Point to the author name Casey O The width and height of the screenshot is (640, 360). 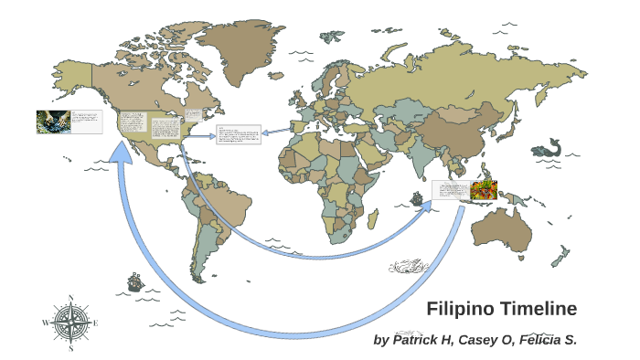490,340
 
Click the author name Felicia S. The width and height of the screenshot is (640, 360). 552,340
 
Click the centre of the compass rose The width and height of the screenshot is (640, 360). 69,323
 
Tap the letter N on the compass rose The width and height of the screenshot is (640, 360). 69,297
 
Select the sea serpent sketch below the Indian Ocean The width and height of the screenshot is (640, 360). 409,267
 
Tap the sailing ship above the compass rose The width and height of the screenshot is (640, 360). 135,281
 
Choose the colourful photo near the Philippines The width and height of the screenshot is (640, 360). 484,190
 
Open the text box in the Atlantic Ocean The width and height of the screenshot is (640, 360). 239,135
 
